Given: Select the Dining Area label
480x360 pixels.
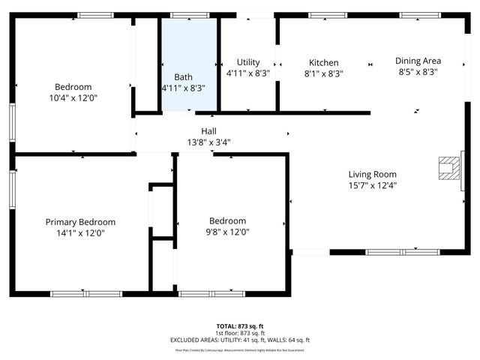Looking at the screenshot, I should click(418, 61).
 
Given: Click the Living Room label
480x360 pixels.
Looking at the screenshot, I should click(372, 174).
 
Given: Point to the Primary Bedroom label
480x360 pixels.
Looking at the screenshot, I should click(80, 222).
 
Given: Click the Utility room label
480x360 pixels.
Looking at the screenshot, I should click(248, 62).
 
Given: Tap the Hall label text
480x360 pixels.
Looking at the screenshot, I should click(208, 131).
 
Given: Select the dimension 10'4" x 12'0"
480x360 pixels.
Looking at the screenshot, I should click(73, 97).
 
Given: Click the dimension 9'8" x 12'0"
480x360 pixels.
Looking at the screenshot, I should click(227, 232).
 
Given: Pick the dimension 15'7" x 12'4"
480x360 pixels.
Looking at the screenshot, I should click(372, 185).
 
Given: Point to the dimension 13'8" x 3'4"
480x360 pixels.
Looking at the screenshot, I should click(208, 142).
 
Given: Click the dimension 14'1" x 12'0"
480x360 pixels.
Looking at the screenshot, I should click(80, 233).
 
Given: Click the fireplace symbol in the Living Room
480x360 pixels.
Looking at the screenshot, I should click(449, 168).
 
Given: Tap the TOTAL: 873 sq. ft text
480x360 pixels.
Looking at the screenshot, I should click(240, 326).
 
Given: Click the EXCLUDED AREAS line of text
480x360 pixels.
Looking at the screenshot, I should click(240, 340).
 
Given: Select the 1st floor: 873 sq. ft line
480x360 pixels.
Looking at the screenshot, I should click(240, 333).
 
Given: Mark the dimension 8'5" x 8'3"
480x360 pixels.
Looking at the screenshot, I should click(418, 72).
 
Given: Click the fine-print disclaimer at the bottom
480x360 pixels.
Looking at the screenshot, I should click(240, 350).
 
